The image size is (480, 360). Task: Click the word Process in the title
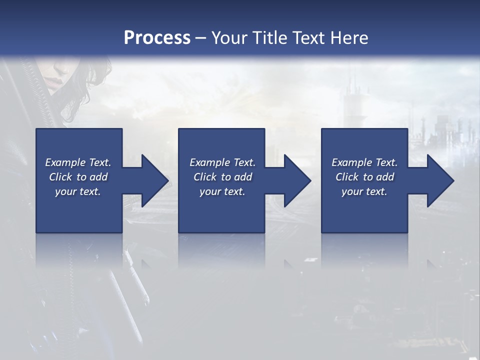157,38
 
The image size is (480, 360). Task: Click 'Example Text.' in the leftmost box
78,162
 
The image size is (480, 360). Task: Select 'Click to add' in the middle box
222,177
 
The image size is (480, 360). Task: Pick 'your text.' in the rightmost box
364,191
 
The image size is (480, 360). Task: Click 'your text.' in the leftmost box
78,191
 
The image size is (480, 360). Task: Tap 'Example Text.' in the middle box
222,162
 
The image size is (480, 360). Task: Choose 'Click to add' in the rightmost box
364,177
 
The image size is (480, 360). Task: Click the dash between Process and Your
200,38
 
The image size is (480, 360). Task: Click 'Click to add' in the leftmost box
78,177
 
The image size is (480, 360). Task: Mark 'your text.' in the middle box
222,191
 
